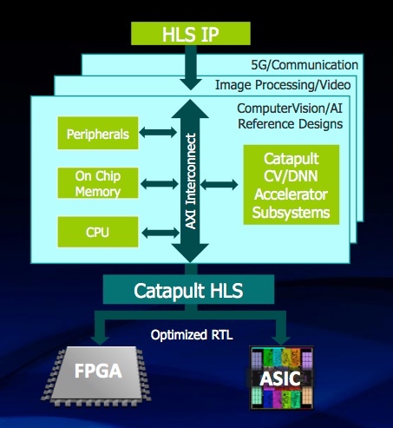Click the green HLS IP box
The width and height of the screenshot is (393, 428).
(191, 34)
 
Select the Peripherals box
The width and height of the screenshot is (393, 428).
(98, 133)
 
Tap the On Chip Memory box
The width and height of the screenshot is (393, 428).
(98, 183)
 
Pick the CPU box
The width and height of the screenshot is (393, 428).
(98, 232)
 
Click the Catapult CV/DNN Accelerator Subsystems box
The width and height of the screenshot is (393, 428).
(291, 185)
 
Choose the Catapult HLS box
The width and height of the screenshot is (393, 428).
(188, 289)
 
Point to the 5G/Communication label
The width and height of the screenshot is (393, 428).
(305, 65)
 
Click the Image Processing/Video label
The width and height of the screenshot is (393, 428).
(283, 85)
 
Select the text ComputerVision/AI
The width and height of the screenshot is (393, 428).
(290, 109)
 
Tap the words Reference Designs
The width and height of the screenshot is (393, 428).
(290, 124)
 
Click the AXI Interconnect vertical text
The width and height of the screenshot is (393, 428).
(190, 181)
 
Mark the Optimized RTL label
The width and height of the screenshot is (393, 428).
(192, 335)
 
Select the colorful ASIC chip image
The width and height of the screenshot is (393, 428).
(281, 378)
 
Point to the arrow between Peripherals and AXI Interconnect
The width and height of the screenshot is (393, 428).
(158, 133)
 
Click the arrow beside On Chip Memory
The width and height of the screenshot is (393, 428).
(160, 184)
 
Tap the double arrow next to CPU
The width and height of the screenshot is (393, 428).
(160, 233)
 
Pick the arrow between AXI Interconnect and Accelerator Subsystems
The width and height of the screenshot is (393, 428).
(219, 185)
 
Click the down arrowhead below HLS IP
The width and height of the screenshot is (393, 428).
(191, 83)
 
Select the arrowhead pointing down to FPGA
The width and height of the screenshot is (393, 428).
(100, 340)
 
